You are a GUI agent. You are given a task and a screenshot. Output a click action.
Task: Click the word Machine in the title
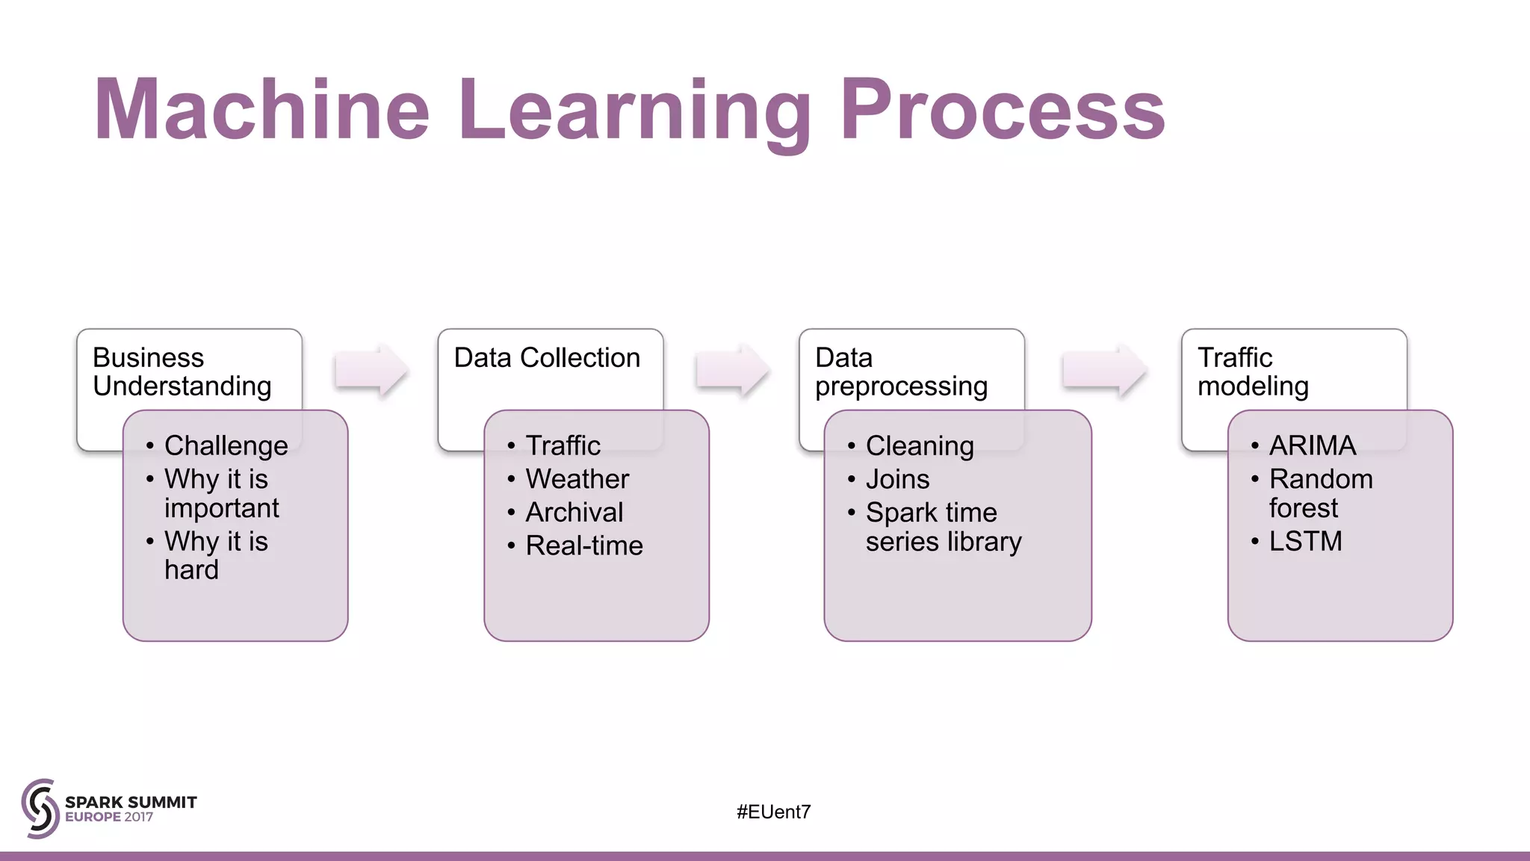click(261, 111)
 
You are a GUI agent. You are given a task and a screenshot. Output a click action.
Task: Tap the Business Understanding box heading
click(182, 371)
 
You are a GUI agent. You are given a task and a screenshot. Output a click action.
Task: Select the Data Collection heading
click(547, 358)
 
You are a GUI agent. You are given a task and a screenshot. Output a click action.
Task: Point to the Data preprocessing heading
click(901, 371)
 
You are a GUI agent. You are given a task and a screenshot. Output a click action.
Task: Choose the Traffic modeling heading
click(1253, 371)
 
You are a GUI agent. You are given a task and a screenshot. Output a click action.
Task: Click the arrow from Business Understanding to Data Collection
click(371, 370)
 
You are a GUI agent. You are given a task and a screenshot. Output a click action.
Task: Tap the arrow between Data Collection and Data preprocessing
click(731, 370)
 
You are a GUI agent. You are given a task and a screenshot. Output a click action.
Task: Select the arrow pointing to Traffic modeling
click(1103, 370)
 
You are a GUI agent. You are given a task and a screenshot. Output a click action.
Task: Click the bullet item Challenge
click(226, 445)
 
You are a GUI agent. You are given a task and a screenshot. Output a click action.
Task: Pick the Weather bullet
click(577, 479)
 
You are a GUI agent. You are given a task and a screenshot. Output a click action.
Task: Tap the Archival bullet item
click(574, 513)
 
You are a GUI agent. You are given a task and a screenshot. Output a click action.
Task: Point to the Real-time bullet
click(583, 546)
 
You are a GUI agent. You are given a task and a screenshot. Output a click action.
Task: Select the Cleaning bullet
click(920, 446)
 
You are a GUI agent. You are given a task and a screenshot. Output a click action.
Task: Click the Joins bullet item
click(897, 479)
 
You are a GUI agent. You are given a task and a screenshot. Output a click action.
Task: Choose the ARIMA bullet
click(1312, 445)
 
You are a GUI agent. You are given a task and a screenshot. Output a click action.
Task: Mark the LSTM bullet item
click(1305, 541)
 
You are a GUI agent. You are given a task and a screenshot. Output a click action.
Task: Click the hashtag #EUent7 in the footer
click(773, 812)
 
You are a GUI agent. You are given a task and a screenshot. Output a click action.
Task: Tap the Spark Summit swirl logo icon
click(40, 808)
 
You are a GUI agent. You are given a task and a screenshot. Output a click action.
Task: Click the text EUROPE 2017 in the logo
click(109, 817)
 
